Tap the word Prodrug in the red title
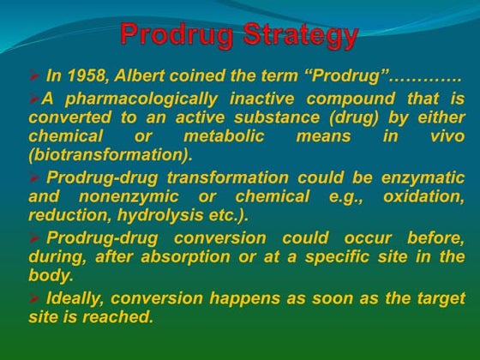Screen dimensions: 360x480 [176, 36]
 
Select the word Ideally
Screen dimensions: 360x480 [78, 297]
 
